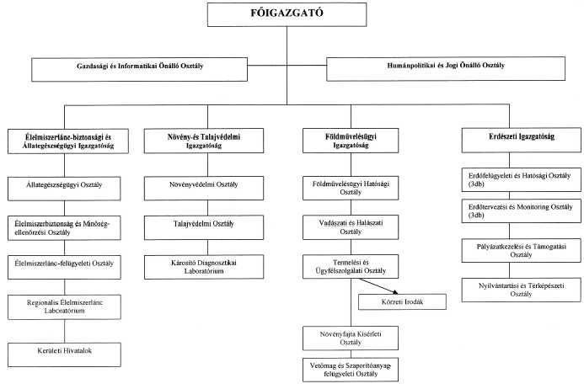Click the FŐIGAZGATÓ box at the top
[287, 15]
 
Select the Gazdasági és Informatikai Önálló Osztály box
[139, 69]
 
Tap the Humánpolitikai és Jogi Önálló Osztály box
[446, 69]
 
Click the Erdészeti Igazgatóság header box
[522, 140]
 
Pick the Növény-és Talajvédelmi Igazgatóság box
[204, 141]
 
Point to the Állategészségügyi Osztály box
[64, 189]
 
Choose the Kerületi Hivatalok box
[64, 354]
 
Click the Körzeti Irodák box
[402, 302]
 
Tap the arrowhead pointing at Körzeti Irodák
[394, 292]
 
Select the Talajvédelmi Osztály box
[204, 227]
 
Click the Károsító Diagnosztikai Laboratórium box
[204, 267]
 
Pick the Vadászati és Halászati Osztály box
[351, 227]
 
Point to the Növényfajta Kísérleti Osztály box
[351, 338]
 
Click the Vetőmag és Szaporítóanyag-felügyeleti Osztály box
[351, 370]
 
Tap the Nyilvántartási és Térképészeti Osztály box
[522, 290]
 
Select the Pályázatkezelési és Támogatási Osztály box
[522, 251]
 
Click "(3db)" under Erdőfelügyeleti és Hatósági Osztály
[476, 184]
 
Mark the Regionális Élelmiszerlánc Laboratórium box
[64, 307]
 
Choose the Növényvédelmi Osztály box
[204, 189]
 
